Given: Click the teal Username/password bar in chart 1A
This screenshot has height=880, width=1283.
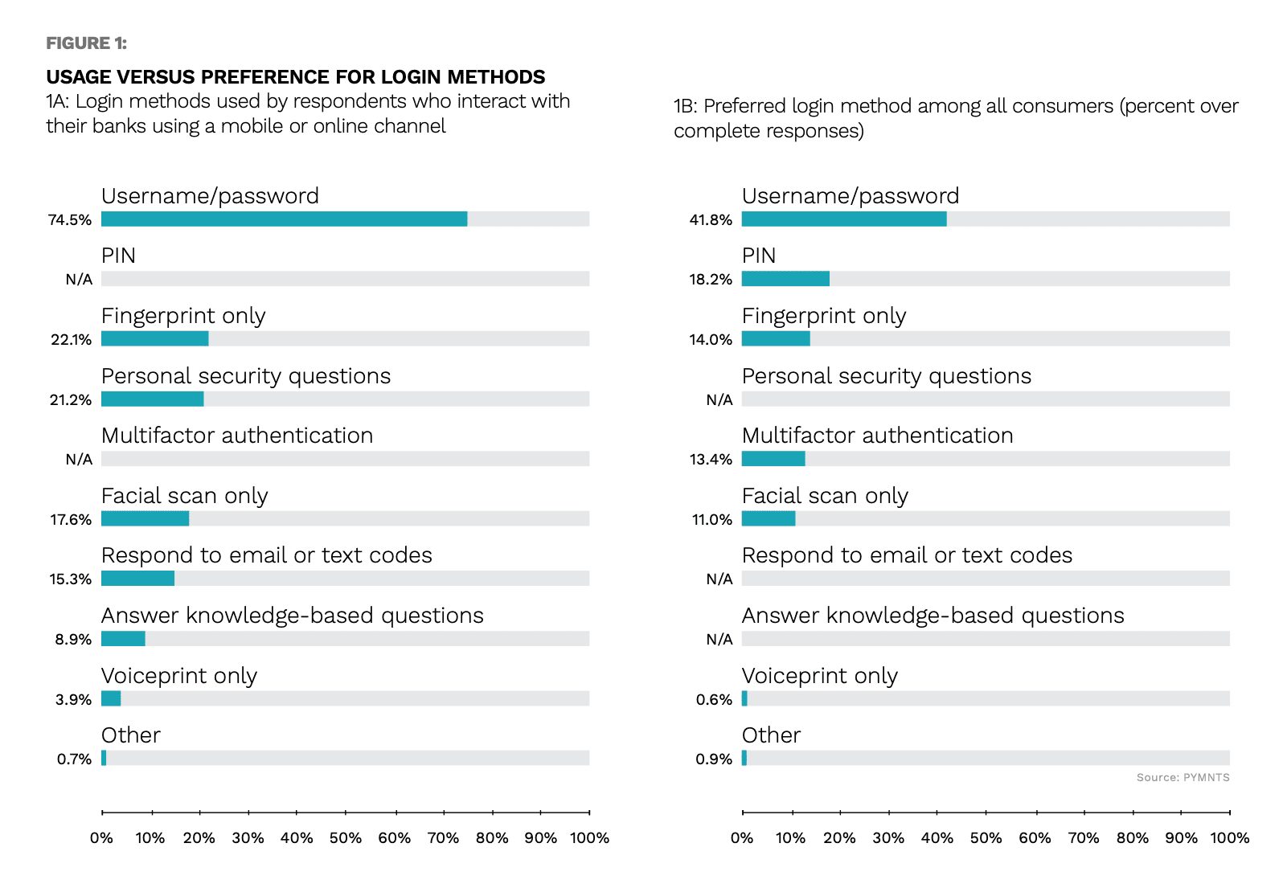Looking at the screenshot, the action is [284, 219].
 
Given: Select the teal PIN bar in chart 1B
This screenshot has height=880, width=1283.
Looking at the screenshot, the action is [785, 279].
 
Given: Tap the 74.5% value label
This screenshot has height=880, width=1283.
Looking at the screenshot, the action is [70, 220].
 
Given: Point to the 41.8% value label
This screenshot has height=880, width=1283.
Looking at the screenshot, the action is [711, 220].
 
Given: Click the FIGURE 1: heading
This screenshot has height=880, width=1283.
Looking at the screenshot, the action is [87, 43].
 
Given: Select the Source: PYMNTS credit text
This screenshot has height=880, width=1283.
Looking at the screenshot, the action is [1183, 777].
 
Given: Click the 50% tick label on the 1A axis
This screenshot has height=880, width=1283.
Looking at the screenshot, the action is [346, 837].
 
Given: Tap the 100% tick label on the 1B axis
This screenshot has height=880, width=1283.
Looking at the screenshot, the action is [1230, 837].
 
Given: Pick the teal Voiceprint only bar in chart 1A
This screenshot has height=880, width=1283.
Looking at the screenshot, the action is [111, 698].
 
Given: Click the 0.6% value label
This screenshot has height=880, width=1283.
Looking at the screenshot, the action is [714, 700].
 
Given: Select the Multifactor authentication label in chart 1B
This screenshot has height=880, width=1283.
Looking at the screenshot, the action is [878, 436].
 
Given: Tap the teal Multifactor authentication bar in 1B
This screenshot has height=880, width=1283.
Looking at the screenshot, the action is [773, 459].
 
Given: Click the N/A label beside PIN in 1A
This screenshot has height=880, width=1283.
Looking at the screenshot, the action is [79, 280].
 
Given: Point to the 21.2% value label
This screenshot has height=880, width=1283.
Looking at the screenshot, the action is [71, 399].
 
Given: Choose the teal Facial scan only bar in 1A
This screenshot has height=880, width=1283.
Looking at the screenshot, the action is [145, 518].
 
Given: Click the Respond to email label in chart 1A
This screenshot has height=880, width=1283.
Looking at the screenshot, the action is [266, 555].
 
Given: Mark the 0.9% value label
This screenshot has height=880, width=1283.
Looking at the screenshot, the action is [714, 759].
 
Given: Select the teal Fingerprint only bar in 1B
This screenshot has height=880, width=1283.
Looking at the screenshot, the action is [776, 338].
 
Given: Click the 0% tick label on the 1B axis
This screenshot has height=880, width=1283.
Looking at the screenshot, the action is [742, 837].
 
